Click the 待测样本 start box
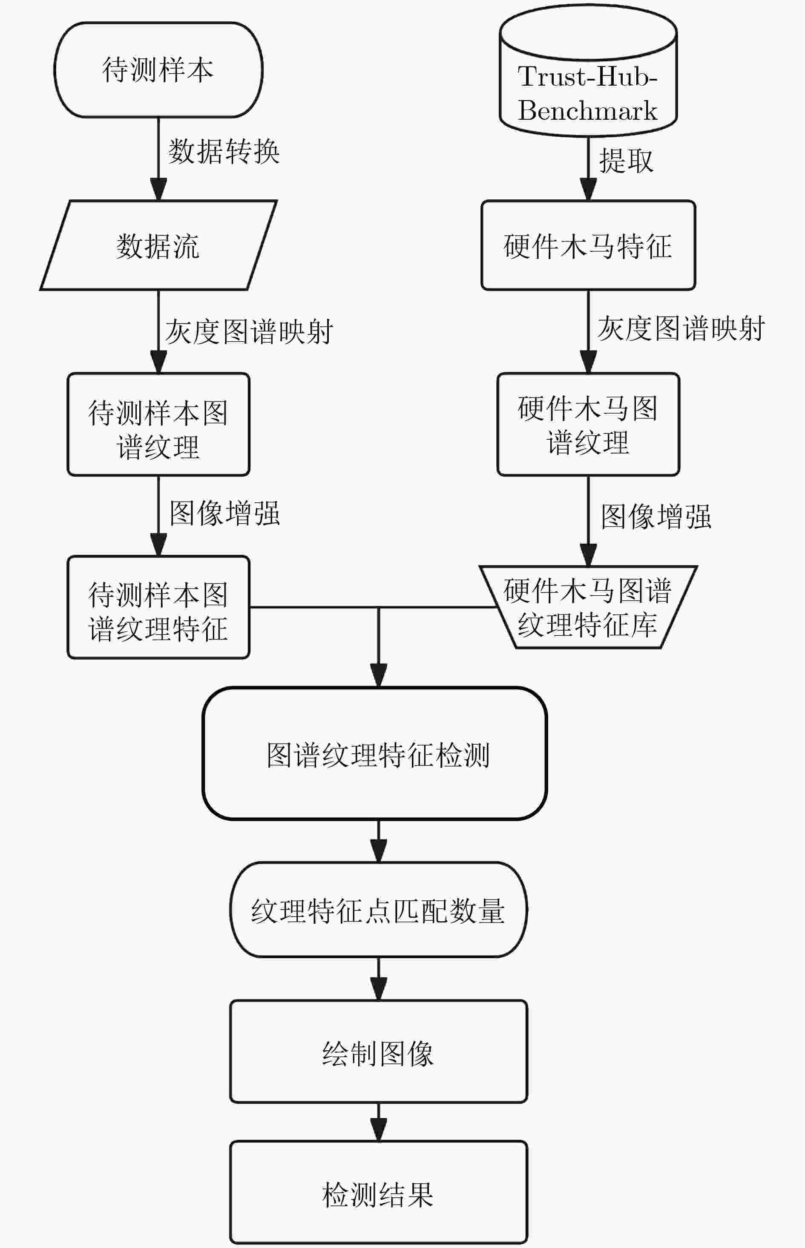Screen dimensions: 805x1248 (x=158, y=69)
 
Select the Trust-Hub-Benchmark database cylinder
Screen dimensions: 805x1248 (x=588, y=71)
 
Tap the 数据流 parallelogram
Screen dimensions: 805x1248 (x=158, y=245)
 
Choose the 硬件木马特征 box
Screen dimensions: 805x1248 (x=588, y=245)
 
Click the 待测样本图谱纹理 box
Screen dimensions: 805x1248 (x=158, y=424)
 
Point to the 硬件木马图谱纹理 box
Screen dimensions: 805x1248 (x=588, y=424)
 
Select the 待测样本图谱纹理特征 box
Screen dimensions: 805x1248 (x=158, y=607)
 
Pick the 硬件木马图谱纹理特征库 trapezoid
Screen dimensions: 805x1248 (x=588, y=607)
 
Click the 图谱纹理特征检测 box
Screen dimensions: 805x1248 (x=374, y=753)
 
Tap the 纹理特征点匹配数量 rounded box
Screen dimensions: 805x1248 (x=379, y=910)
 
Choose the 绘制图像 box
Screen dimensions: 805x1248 (x=379, y=1052)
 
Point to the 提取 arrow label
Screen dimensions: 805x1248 (x=626, y=159)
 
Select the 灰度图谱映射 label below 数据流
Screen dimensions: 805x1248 (x=249, y=331)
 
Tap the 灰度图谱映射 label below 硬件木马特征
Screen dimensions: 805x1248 (x=681, y=329)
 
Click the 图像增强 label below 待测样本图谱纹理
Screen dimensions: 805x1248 (x=225, y=513)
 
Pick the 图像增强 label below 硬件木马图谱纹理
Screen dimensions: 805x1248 (x=656, y=516)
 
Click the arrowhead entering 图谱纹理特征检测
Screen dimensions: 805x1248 (x=379, y=675)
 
